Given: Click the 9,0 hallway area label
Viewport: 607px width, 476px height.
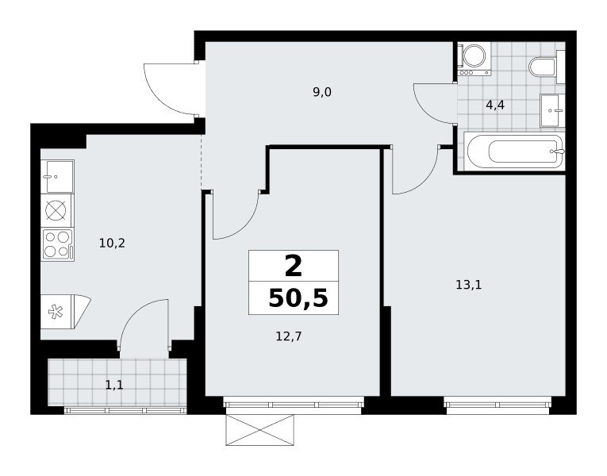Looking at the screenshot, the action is [322, 93].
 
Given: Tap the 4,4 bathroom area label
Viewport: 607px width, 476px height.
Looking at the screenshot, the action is [495, 105].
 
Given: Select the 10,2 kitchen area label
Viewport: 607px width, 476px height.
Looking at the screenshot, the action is [112, 244].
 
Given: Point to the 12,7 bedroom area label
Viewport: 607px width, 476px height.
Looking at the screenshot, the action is [288, 336].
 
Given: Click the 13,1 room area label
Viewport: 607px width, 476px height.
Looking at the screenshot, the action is [468, 286].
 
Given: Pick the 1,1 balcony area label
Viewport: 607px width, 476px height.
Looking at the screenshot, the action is [114, 385].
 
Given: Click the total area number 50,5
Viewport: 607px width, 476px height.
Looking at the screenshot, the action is [298, 298].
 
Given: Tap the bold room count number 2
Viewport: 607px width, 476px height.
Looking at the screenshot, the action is [293, 267].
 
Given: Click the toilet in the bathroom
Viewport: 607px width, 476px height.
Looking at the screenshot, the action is [543, 67].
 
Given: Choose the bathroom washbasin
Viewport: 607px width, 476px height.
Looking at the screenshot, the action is [553, 110].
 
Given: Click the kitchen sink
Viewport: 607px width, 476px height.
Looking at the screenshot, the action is [57, 176].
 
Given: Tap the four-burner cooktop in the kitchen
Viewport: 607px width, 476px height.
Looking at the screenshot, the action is [58, 244].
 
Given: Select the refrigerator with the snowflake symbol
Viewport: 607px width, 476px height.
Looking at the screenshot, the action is [65, 312].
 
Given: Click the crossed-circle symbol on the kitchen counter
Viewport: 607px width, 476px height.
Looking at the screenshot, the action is [56, 211].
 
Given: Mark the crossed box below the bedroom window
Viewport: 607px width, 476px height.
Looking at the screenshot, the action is [259, 430].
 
